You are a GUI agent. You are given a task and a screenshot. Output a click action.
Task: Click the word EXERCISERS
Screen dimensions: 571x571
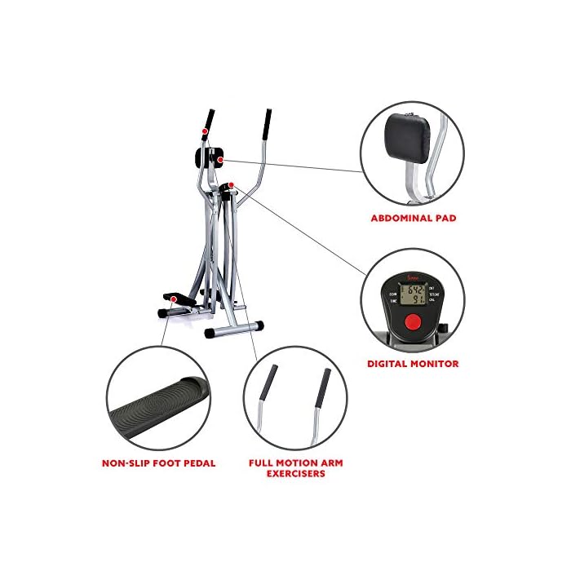[x=295, y=473]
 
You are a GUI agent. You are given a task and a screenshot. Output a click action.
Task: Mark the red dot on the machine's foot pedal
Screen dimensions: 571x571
[x=173, y=299]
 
